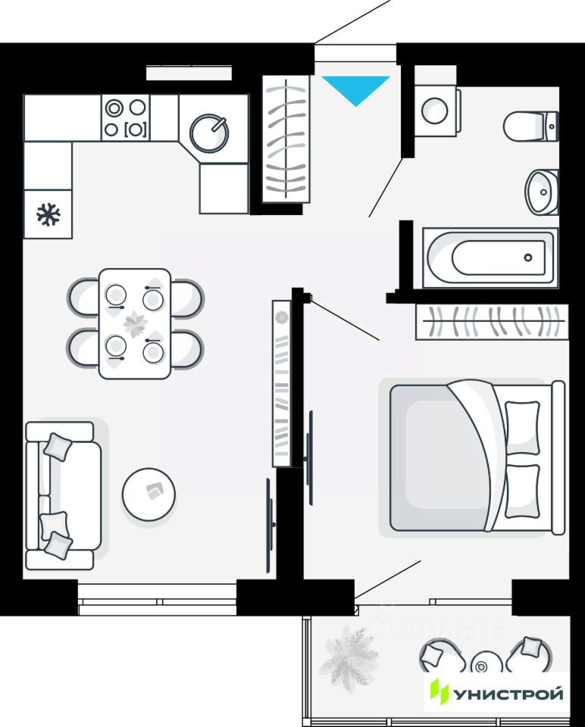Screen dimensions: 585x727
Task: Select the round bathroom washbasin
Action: (x=542, y=191)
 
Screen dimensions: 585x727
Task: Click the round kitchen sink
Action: (x=208, y=132)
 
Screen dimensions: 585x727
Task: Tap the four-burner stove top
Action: (x=126, y=118)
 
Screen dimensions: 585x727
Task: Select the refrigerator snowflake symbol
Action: (x=48, y=214)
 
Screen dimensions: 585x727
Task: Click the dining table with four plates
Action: (x=135, y=323)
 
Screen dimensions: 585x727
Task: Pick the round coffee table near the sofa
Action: (x=149, y=494)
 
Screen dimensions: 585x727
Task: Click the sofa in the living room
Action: (x=62, y=495)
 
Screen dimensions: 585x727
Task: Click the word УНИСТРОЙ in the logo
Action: (x=508, y=694)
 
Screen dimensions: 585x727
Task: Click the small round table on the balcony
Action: (x=482, y=666)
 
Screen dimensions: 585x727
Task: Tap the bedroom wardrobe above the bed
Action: (x=492, y=322)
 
